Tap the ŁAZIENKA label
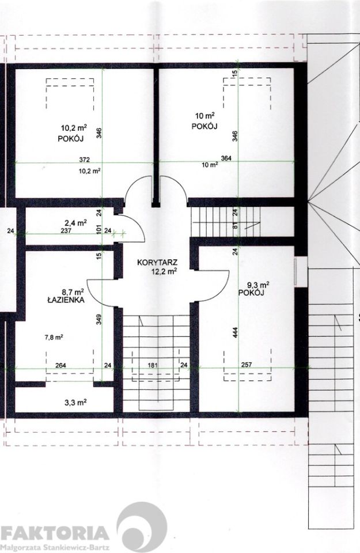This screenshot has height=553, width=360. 65,301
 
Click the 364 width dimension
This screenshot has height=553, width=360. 226,158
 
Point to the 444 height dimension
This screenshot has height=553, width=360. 235,332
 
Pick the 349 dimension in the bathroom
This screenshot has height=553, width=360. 99,320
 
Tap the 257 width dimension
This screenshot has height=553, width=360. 247,365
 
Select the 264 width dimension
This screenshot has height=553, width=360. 61,365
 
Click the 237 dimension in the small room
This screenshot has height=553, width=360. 66,231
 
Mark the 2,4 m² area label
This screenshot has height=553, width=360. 76,222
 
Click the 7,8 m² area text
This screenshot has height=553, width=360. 54,337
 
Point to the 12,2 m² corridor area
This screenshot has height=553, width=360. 165,271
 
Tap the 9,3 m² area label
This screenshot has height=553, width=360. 259,284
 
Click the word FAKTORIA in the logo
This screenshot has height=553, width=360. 55,534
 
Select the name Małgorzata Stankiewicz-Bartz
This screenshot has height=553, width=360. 55,548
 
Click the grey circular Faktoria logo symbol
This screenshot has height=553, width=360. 142,526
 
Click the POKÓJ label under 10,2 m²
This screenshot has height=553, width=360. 70,139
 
